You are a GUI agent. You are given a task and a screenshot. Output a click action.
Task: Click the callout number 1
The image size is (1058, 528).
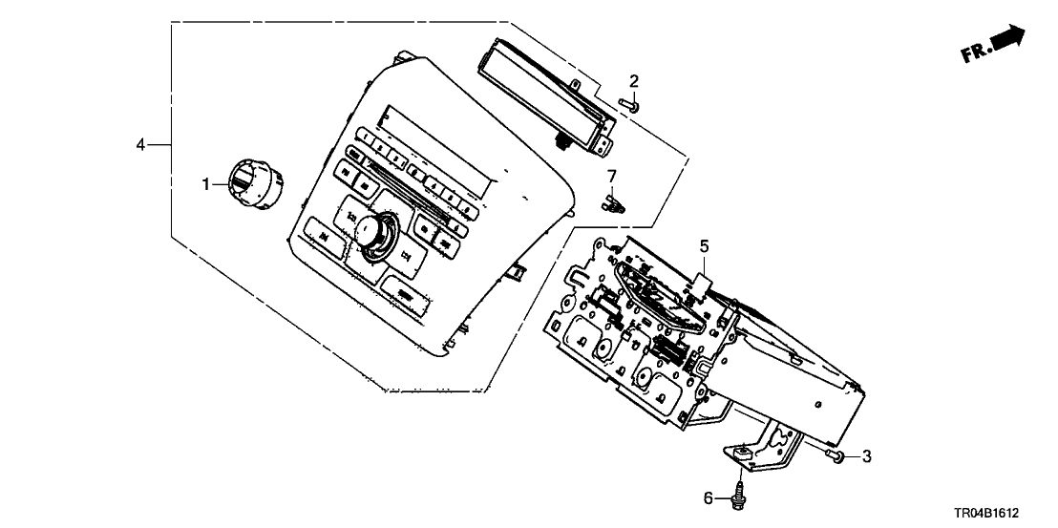204,183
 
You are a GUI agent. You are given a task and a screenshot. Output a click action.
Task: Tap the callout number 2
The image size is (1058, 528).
634,82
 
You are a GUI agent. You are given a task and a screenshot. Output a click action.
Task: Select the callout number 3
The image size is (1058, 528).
867,457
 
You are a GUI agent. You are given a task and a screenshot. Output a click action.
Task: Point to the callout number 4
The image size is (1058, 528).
140,144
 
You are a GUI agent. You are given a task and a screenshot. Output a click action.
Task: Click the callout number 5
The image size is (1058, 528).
704,247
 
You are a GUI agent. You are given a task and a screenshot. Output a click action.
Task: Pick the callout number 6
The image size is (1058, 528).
708,497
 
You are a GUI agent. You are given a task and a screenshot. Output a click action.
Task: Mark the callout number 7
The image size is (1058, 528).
613,175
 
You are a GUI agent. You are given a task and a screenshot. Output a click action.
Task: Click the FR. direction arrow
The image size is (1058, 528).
1008,38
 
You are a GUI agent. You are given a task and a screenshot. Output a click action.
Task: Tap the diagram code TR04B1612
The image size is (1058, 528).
1004,513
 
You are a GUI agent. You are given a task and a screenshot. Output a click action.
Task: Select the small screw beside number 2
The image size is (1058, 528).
628,105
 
